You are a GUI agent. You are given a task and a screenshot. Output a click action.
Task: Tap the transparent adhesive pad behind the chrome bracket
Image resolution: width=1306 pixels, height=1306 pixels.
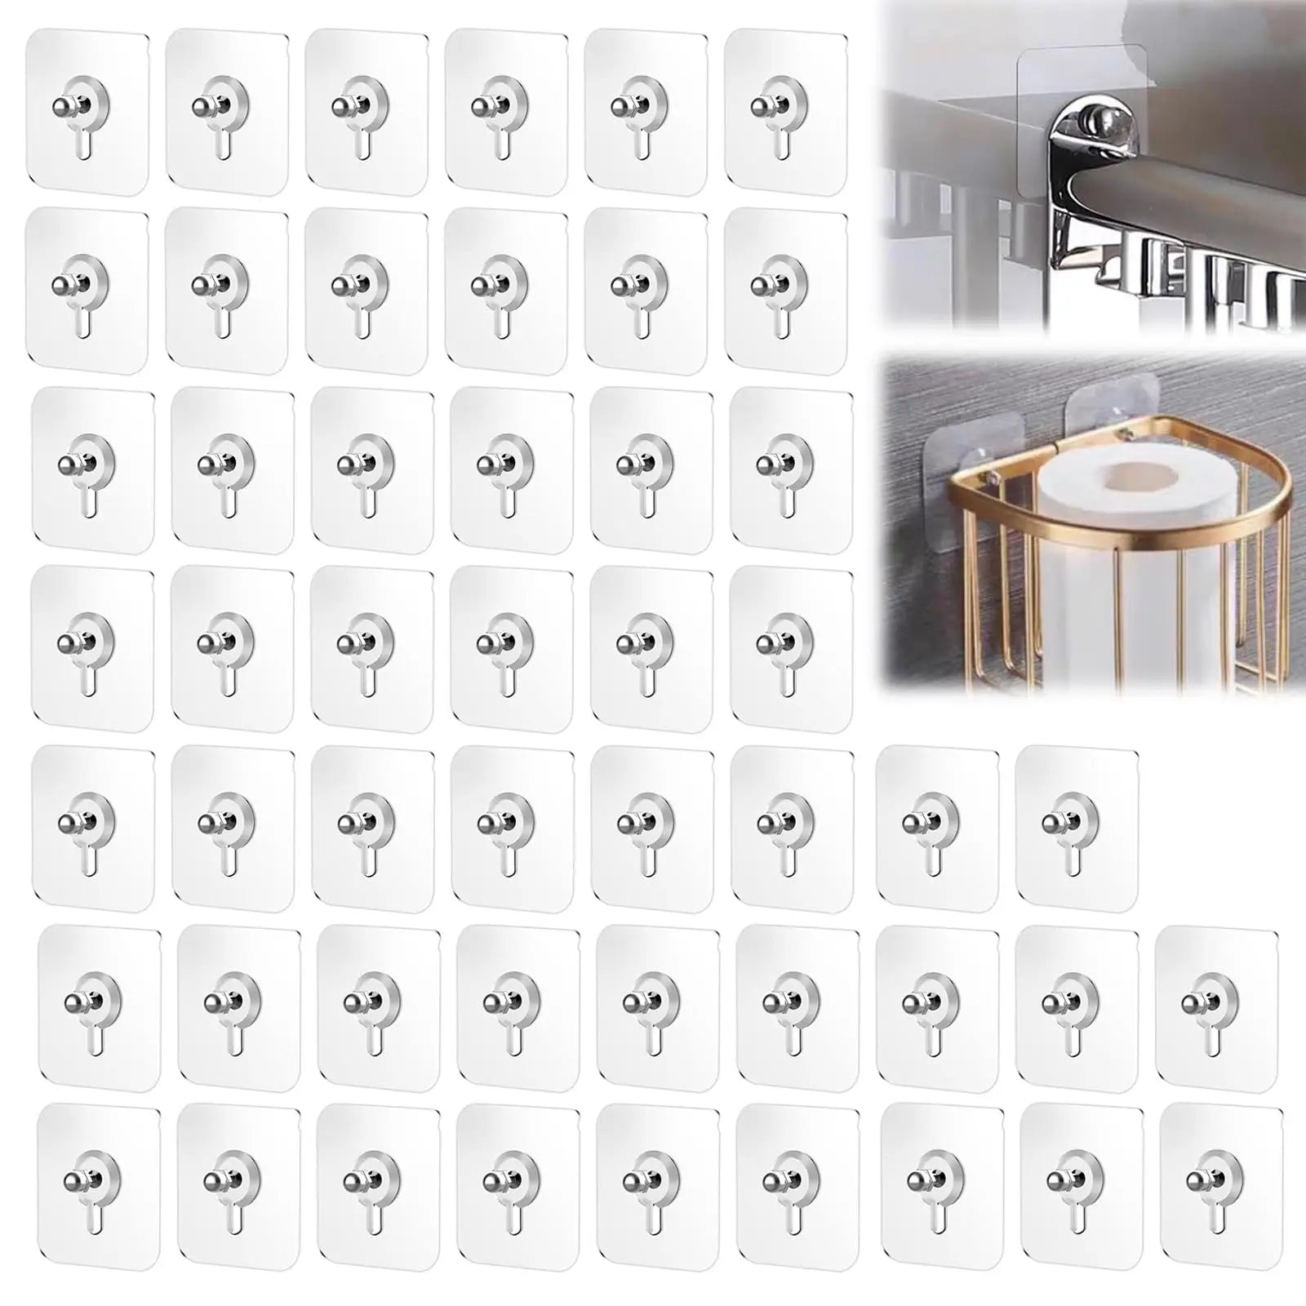pyautogui.click(x=1061, y=73)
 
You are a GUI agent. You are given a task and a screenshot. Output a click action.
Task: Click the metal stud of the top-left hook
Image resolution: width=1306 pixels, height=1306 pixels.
pyautogui.click(x=64, y=109)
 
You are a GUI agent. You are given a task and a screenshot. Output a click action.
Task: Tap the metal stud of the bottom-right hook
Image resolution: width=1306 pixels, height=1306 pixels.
pyautogui.click(x=1195, y=1180)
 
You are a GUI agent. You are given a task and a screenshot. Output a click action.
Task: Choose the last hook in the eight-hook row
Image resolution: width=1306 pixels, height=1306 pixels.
pyautogui.click(x=1077, y=824)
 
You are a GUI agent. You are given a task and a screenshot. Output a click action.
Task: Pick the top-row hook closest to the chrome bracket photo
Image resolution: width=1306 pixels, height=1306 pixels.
pyautogui.click(x=784, y=115)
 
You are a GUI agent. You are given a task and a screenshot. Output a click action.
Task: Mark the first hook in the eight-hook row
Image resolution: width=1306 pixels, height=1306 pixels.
pyautogui.click(x=93, y=828)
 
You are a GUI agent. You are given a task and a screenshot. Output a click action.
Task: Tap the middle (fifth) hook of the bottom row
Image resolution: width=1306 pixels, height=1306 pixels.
pyautogui.click(x=657, y=1187)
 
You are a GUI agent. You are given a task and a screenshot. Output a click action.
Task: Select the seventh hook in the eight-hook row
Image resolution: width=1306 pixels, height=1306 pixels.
pyautogui.click(x=936, y=824)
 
